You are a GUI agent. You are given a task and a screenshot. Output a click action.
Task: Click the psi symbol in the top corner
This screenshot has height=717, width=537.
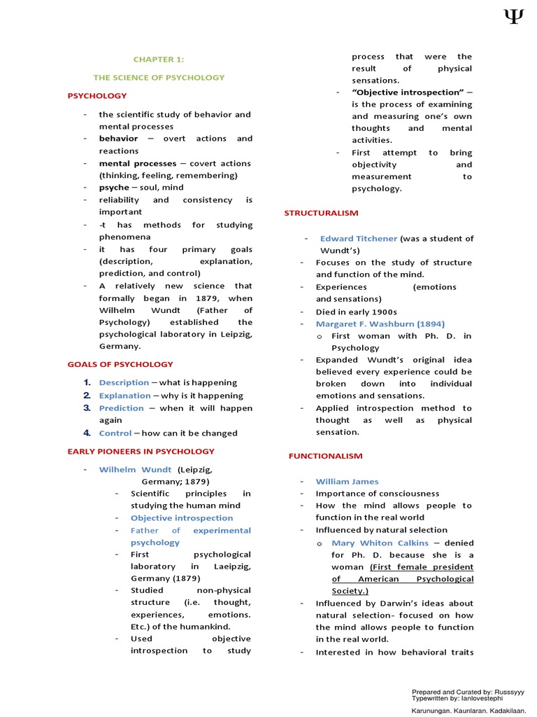[513, 16]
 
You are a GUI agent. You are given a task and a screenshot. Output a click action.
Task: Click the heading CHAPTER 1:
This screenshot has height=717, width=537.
[159, 60]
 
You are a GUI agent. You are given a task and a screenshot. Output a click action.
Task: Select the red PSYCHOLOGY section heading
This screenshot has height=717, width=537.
[97, 96]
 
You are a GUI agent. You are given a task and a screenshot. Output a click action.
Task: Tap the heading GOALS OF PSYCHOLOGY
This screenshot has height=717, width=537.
[120, 364]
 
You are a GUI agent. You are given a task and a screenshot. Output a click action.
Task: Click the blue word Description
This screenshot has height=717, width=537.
[124, 383]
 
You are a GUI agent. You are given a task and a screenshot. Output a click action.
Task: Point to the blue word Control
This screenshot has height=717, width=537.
[115, 433]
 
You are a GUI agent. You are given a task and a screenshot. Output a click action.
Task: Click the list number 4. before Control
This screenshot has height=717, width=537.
[87, 433]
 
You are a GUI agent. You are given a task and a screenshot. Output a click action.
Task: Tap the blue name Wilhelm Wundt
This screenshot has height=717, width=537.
[135, 470]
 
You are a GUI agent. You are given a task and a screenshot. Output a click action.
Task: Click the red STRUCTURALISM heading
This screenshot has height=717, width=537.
[321, 213]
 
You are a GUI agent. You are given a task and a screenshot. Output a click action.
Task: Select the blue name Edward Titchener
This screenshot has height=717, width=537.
[358, 239]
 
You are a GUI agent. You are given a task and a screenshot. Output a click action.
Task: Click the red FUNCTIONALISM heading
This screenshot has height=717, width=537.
[326, 457]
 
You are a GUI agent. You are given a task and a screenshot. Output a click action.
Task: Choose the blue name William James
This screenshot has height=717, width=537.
[347, 482]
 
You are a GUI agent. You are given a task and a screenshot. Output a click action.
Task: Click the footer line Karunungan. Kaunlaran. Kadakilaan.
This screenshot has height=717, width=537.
[468, 710]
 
